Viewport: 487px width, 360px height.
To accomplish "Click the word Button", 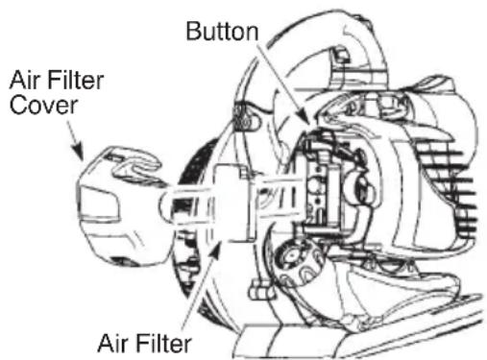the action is (223, 32).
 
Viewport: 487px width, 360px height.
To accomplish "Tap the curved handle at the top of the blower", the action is (346, 38).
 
